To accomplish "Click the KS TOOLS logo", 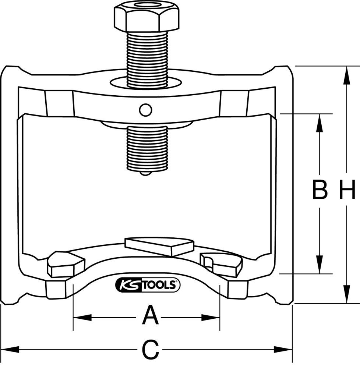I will pyautogui.click(x=148, y=284).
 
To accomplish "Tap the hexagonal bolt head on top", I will pyautogui.click(x=147, y=16).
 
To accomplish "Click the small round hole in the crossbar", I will pyautogui.click(x=145, y=109).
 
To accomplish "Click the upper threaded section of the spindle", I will pyautogui.click(x=147, y=59).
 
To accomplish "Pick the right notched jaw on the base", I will pyautogui.click(x=221, y=264).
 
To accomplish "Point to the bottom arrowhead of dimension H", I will pyautogui.click(x=346, y=297).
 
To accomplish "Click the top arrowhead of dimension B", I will pyautogui.click(x=320, y=121).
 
